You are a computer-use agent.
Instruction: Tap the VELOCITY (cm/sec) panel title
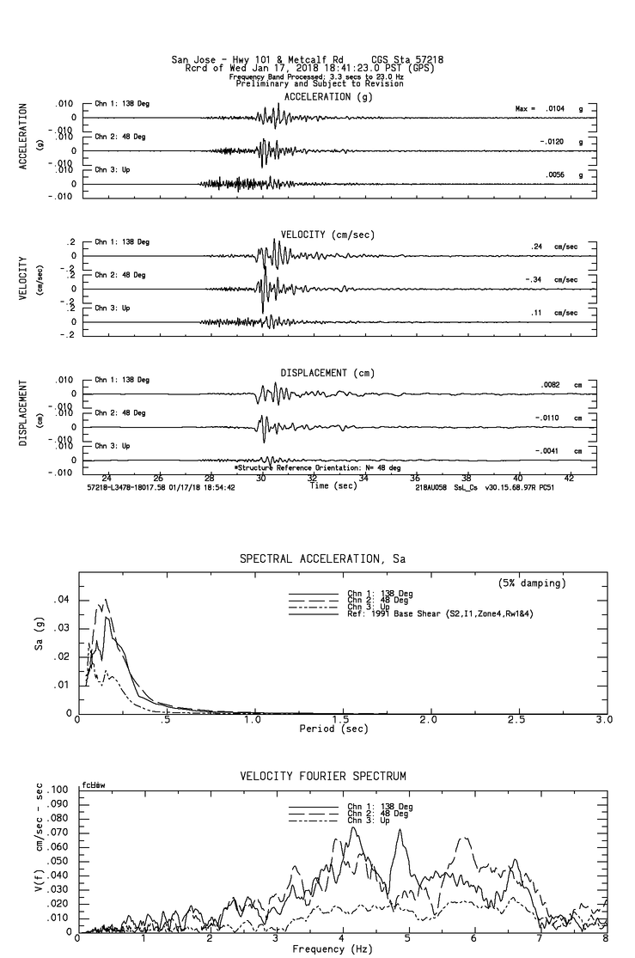327,235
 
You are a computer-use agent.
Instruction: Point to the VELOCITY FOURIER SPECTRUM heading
322,776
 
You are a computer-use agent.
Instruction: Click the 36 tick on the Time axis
415,478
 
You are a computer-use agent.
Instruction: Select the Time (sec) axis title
333,485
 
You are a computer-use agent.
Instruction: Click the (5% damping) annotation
533,583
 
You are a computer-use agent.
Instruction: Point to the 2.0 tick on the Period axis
429,719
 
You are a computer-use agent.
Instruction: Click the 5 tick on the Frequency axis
408,939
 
